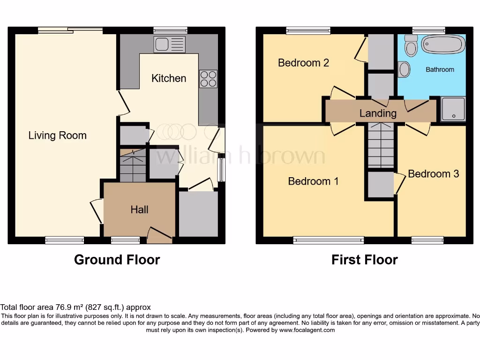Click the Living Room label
pos(57,135)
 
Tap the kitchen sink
pos(169,45)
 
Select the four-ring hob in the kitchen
pos(208,78)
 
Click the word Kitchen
pos(169,78)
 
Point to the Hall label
pos(139,210)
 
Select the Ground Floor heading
pos(117,260)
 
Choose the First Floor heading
pos(364,260)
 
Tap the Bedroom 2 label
pos(303,63)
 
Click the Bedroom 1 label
pos(313,181)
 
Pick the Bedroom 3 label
pos(433,174)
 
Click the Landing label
pos(378,113)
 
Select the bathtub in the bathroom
pos(443,45)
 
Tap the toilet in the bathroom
pos(412,46)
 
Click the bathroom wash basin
pos(404,69)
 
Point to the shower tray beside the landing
pos(453,109)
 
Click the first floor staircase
pos(381,145)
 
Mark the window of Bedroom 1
pos(329,240)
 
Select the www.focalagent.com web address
pos(307,330)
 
